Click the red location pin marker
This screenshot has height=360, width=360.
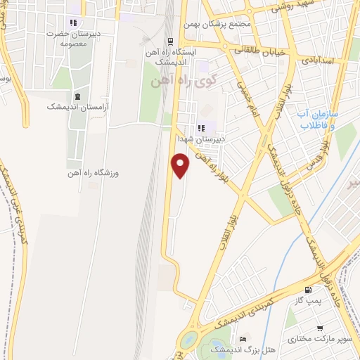pyautogui.click(x=181, y=165)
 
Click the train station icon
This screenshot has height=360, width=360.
pyautogui.click(x=169, y=41)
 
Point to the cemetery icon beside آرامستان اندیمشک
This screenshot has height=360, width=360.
pyautogui.click(x=77, y=96)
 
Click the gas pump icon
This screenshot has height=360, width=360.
pyautogui.click(x=307, y=290)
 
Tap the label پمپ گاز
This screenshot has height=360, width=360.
pyautogui.click(x=308, y=302)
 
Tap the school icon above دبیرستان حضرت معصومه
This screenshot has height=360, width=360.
pyautogui.click(x=74, y=22)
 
